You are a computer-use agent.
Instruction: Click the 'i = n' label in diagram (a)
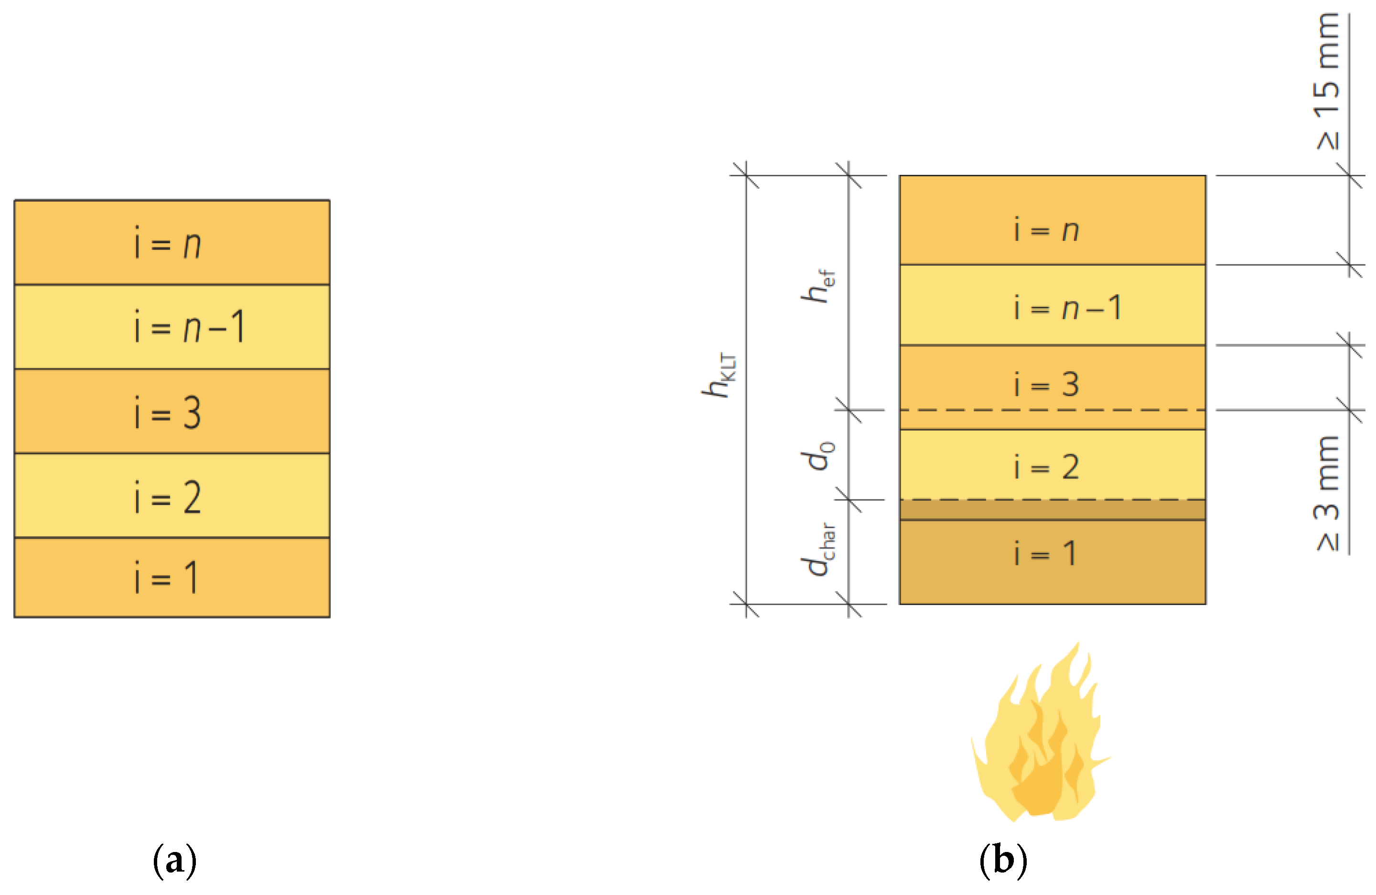pos(168,243)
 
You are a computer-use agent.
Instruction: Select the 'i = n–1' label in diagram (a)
pos(190,327)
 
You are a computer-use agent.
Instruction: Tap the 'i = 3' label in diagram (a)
pos(168,412)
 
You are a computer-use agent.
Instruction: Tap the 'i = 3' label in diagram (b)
pos(1046,384)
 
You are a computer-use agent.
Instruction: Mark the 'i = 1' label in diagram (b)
pos(1045,553)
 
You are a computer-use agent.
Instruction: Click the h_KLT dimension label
pos(719,375)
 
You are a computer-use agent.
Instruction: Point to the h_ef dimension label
pos(817,286)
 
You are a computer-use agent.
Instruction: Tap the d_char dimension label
pos(817,549)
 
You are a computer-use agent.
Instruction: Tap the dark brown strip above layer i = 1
pos(1052,510)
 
